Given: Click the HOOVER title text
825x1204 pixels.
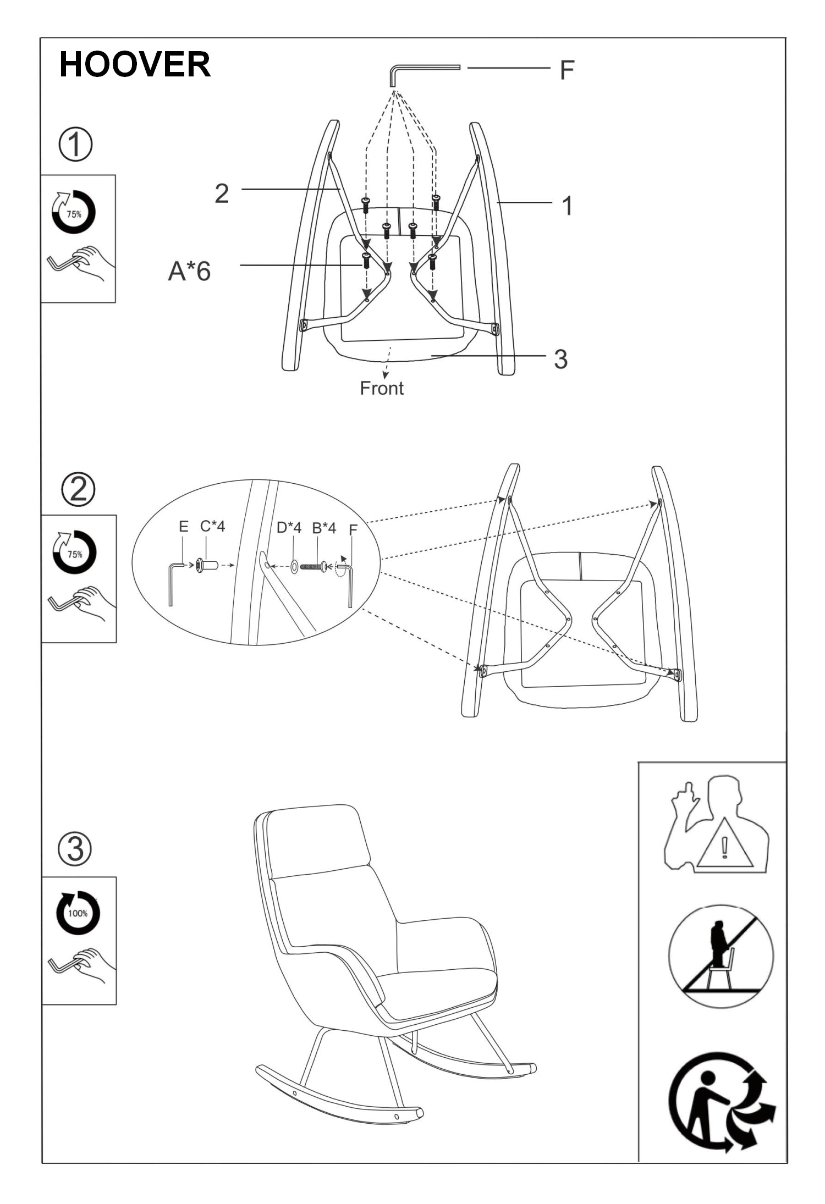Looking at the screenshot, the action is [x=135, y=64].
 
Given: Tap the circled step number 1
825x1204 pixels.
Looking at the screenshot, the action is [x=75, y=145].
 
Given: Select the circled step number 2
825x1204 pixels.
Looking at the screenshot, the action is [x=78, y=490].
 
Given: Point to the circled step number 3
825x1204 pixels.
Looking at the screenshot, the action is [x=75, y=849].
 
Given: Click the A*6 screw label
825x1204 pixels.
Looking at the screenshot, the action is [x=189, y=271].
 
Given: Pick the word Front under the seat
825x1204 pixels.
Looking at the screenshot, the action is [x=382, y=388].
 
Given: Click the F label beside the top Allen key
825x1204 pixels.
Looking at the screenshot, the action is [x=566, y=70].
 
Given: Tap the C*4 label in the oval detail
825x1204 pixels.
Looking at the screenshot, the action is [x=212, y=526].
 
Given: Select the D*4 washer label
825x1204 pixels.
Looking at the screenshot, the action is [x=289, y=528].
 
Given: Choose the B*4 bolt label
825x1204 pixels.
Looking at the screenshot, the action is [x=324, y=528].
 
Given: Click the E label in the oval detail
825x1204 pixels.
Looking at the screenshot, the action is [x=184, y=527].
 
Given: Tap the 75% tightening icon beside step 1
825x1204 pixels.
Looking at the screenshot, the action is [x=74, y=213].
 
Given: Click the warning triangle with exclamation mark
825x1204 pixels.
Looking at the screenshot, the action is [x=725, y=844].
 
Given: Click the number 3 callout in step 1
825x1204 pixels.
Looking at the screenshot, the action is [x=560, y=359].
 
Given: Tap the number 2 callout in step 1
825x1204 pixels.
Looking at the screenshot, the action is [x=222, y=194].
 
